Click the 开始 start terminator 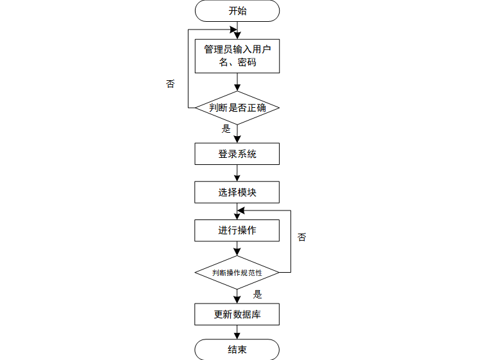237,11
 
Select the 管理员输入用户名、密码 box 237,56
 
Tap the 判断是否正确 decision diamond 237,108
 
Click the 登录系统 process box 237,153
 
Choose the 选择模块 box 237,192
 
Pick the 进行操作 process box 237,230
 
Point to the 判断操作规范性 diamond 237,273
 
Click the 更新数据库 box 237,314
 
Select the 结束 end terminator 237,350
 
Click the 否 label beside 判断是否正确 170,84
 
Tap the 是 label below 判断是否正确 226,128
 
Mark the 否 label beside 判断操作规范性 302,237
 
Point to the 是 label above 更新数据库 257,295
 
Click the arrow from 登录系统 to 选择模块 237,173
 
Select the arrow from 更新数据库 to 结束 237,332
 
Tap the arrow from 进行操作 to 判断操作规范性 237,248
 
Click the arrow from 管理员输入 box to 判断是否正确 237,81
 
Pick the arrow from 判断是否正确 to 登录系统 237,133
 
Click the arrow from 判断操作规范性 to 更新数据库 237,295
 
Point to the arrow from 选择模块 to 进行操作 237,211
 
